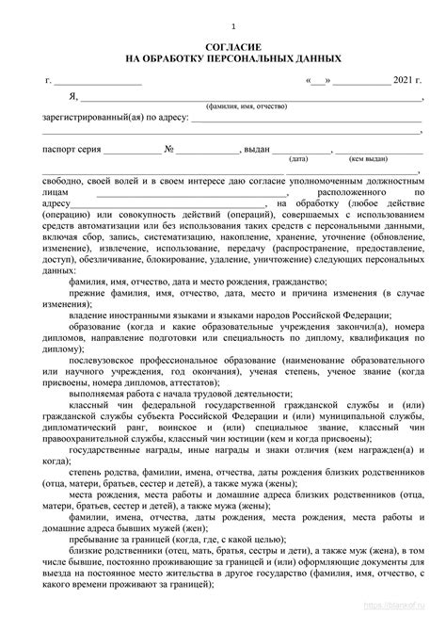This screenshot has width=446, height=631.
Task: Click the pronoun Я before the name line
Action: coord(72,98)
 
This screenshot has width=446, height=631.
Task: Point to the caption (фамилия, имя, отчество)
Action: coord(247,108)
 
